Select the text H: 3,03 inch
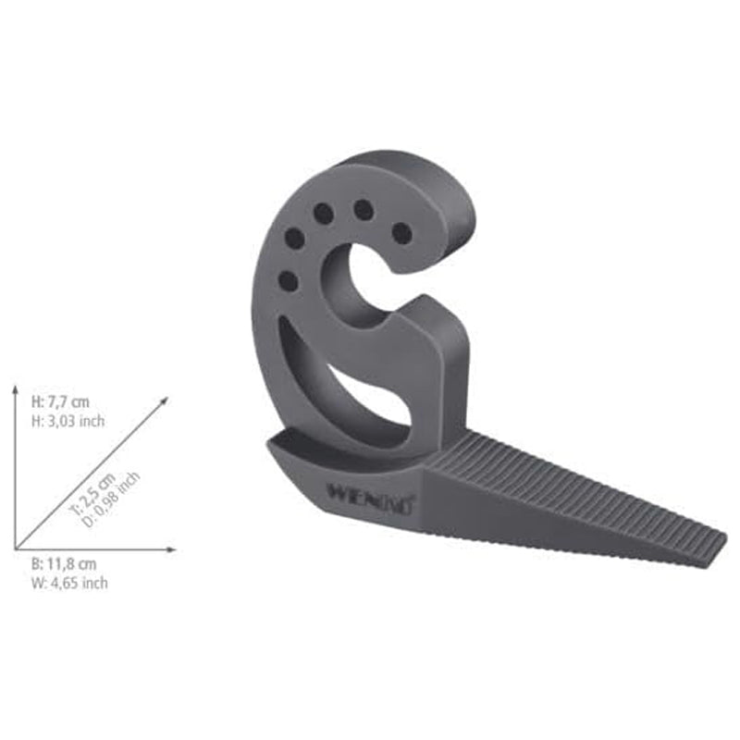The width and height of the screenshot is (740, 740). pyautogui.click(x=68, y=420)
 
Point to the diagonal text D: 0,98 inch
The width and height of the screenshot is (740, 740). pyautogui.click(x=114, y=499)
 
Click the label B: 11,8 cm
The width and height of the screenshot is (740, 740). pyautogui.click(x=64, y=564)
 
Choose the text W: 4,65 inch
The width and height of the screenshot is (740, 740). pyautogui.click(x=69, y=583)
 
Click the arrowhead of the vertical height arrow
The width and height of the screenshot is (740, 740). pyautogui.click(x=16, y=392)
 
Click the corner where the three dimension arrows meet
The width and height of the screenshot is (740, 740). pyautogui.click(x=16, y=549)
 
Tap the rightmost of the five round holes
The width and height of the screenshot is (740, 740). pyautogui.click(x=401, y=232)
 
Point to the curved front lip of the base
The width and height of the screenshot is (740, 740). pyautogui.click(x=305, y=462)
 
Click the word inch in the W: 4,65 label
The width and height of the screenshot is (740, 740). pyautogui.click(x=93, y=583)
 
